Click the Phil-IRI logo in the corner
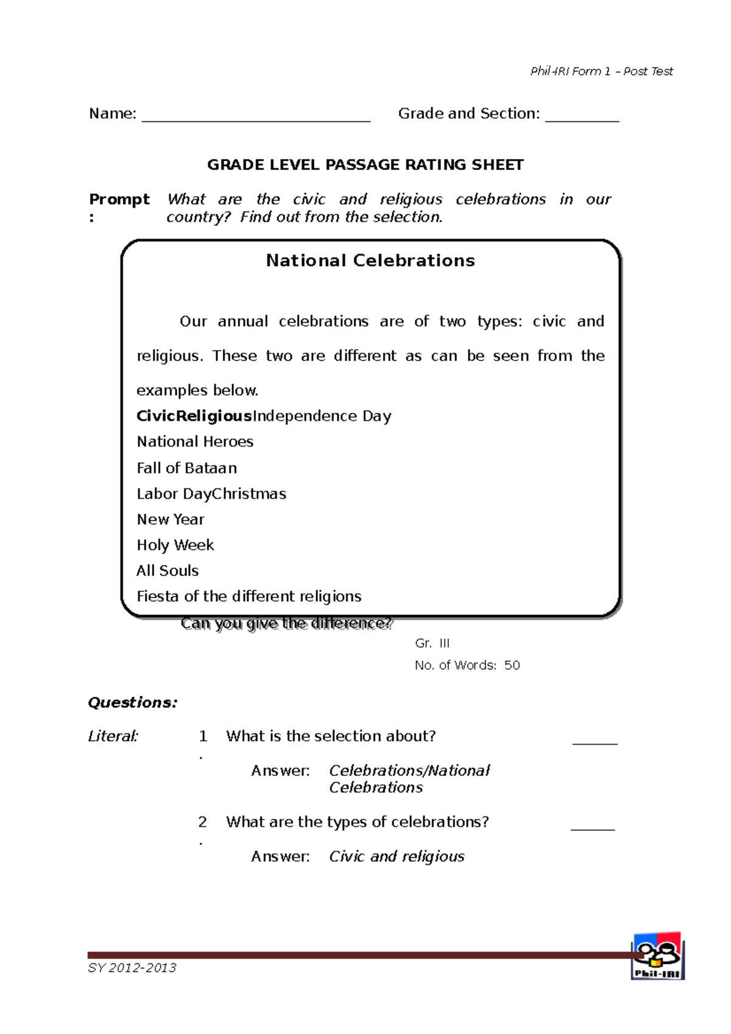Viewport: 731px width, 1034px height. (657, 956)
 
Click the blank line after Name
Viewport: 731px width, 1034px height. (256, 119)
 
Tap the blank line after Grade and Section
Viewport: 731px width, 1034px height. (582, 119)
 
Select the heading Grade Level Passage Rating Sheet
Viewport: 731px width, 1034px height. (365, 165)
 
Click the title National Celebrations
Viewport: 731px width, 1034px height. (370, 261)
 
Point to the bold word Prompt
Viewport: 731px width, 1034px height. (119, 199)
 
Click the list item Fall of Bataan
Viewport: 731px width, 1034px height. (186, 468)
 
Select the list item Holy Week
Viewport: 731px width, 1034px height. (175, 545)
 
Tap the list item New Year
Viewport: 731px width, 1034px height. (171, 519)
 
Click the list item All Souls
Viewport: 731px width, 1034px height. (168, 571)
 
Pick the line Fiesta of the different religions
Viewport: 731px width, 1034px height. (249, 596)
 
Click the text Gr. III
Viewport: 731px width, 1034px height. (432, 643)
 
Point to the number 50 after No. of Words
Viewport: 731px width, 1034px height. (512, 665)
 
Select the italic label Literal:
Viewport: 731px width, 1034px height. (113, 736)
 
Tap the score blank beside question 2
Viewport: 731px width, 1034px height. (593, 828)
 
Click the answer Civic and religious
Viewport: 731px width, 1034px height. (397, 856)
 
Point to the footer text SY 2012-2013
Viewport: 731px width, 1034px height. (132, 968)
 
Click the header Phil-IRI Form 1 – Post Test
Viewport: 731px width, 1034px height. (601, 71)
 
